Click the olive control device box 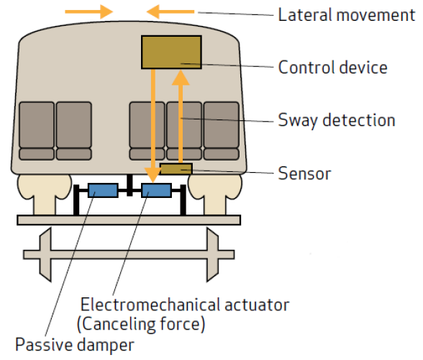171,52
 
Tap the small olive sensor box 176,169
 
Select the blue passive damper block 103,190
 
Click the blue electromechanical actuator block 157,190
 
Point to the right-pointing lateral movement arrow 89,12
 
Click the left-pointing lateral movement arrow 170,12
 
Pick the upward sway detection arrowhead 181,78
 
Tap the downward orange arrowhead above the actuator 153,175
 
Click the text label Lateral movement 347,15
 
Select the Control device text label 332,67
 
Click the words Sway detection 337,120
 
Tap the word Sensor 304,174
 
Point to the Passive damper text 75,345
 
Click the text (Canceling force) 141,324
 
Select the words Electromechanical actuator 185,305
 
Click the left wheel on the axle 45,255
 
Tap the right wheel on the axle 212,255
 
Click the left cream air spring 45,194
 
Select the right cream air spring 215,194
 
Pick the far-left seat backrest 37,125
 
